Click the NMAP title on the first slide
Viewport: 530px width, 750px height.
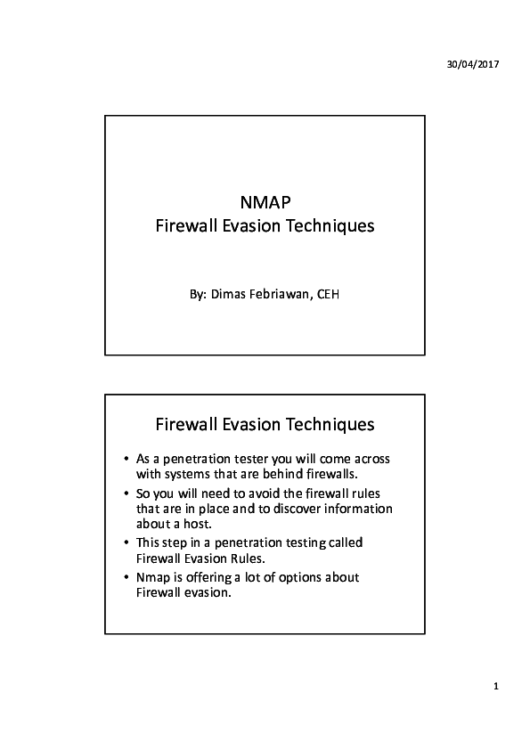(265, 201)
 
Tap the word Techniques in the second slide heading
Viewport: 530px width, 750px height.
(330, 422)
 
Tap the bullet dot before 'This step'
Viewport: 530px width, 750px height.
(127, 542)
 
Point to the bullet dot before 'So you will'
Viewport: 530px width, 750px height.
(127, 493)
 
